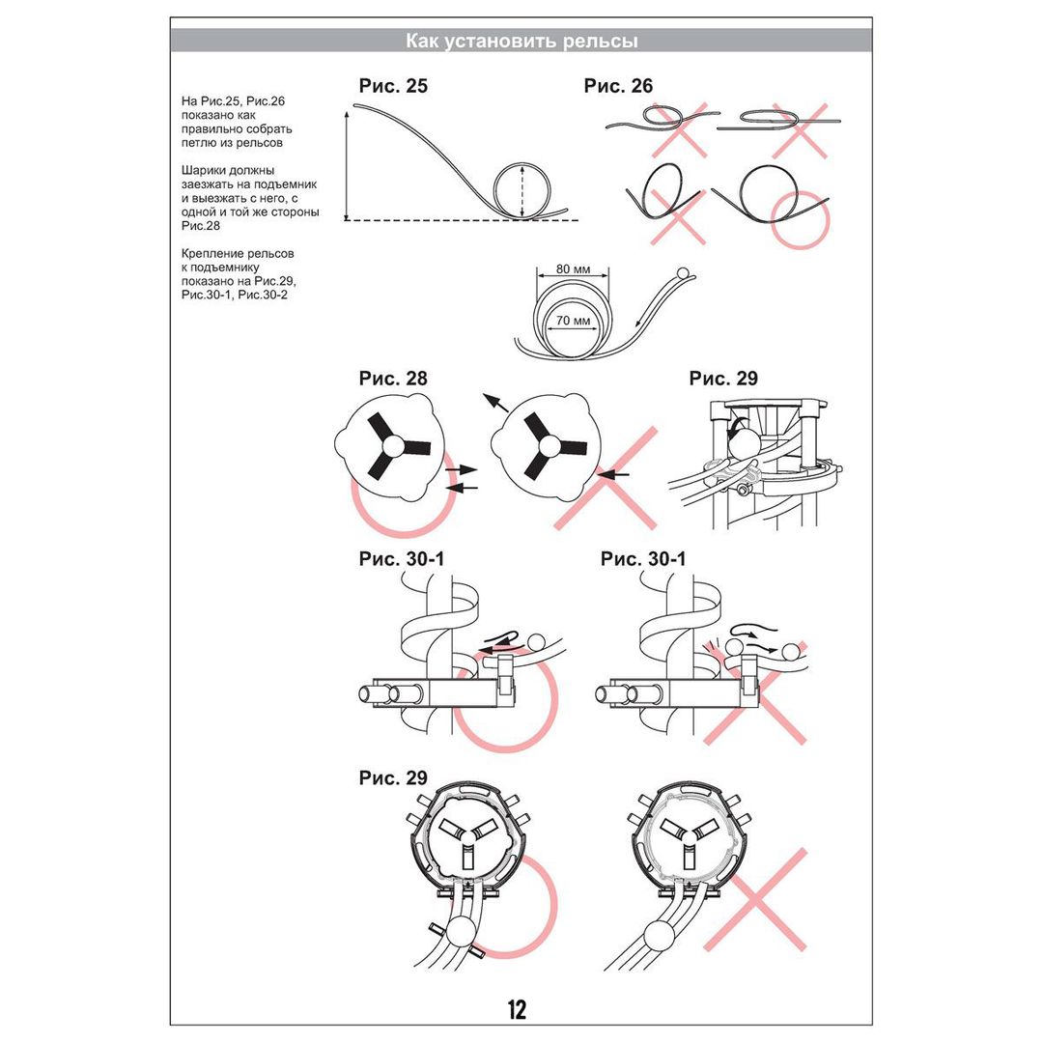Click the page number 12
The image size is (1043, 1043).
(517, 1009)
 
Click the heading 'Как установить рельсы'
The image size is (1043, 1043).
(521, 41)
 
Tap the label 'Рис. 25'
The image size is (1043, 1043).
(393, 86)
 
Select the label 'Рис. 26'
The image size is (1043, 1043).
(618, 86)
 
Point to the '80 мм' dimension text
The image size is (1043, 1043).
(575, 269)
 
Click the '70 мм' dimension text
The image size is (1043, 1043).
(574, 321)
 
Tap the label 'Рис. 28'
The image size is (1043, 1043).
(393, 379)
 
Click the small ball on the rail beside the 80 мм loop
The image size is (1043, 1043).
(685, 274)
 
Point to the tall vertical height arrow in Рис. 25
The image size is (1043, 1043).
(346, 164)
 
